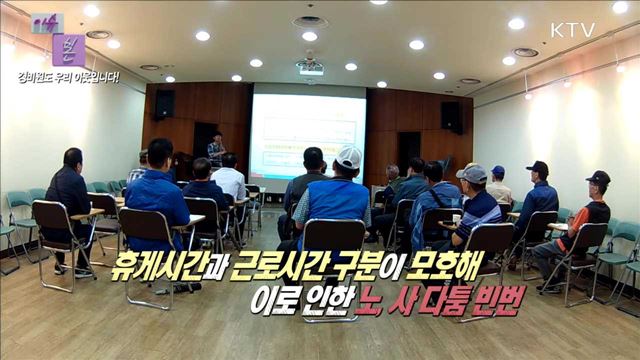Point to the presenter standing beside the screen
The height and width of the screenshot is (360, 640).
point(215,150)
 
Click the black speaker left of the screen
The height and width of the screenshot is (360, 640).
point(164,103)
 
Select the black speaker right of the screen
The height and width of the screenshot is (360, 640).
point(451,115)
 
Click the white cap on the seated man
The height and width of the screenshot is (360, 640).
point(348,157)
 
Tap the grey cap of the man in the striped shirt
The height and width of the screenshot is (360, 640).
point(471,173)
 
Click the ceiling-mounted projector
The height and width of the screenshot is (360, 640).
point(310,68)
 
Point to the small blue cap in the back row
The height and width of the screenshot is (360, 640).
point(498,171)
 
